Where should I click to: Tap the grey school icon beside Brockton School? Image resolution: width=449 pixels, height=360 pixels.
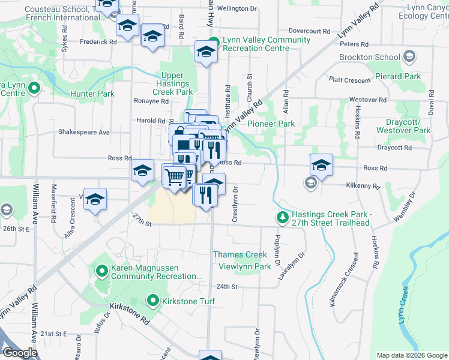coord(409,57)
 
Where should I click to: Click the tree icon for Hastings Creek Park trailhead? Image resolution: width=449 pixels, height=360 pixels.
coord(282,216)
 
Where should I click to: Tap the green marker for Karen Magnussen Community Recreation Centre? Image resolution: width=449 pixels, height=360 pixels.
coord(102,272)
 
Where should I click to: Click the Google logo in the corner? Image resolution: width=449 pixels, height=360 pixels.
coord(20,353)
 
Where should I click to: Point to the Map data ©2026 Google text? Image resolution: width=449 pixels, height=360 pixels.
coord(411,355)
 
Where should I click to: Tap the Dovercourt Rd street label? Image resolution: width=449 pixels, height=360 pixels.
coord(309,30)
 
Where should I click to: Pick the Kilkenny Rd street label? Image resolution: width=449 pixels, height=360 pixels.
coord(363,187)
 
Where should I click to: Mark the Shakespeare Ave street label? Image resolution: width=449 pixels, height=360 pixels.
coord(83,132)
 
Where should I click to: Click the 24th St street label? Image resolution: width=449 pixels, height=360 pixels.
coord(223,287)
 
